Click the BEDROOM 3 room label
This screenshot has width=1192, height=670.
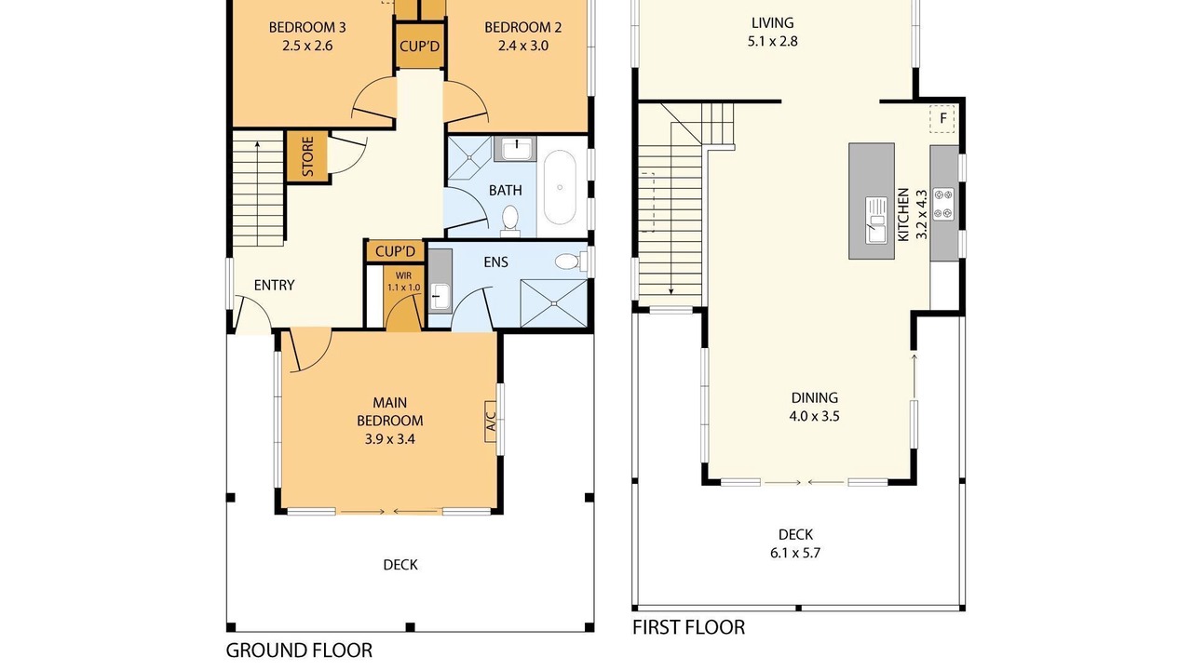[x=307, y=27]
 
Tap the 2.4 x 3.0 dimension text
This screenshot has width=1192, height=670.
[x=523, y=46]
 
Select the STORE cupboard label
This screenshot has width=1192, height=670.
[x=307, y=157]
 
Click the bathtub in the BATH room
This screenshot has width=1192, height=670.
[x=560, y=187]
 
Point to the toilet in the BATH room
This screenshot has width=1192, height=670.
[x=510, y=221]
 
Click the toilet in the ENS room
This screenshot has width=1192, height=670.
[x=571, y=261]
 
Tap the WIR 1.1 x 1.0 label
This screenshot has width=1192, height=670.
[x=403, y=282]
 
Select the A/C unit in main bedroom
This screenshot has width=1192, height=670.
[x=491, y=422]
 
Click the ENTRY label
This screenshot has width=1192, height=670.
[x=274, y=286]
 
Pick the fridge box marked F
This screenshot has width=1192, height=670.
[x=942, y=118]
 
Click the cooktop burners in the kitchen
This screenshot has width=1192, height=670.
[x=943, y=204]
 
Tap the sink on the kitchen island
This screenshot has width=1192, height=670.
[x=876, y=221]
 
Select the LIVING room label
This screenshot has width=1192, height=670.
[x=773, y=23]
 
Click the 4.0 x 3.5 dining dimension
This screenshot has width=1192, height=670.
[x=814, y=416]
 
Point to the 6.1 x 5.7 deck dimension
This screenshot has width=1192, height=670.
[x=795, y=553]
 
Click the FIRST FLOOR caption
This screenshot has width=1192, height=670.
[x=688, y=627]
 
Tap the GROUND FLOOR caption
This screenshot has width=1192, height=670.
[x=299, y=650]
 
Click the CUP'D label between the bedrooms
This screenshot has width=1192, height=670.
[x=419, y=47]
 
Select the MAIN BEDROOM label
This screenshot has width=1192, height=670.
[x=390, y=411]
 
